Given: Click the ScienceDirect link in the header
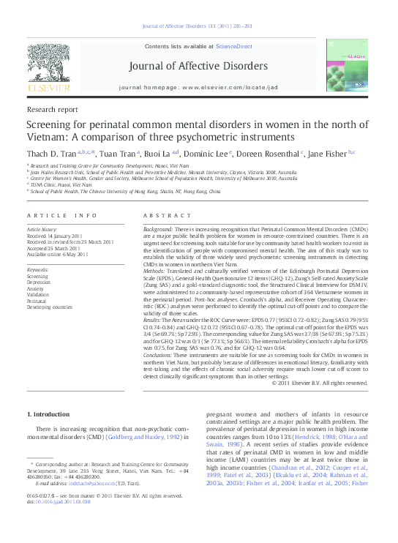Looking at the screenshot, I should pyautogui.click(x=233, y=46).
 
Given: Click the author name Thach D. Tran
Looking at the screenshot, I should pyautogui.click(x=51, y=153).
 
